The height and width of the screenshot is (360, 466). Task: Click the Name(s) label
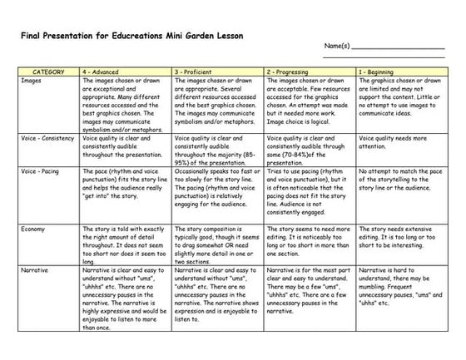pyautogui.click(x=337, y=68)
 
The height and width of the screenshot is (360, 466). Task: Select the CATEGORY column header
pyautogui.click(x=48, y=72)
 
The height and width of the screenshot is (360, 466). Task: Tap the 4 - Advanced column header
pyautogui.click(x=105, y=72)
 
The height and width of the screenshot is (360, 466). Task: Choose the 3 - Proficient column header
pyautogui.click(x=197, y=72)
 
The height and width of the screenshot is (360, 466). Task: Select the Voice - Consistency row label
pyautogui.click(x=49, y=138)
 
